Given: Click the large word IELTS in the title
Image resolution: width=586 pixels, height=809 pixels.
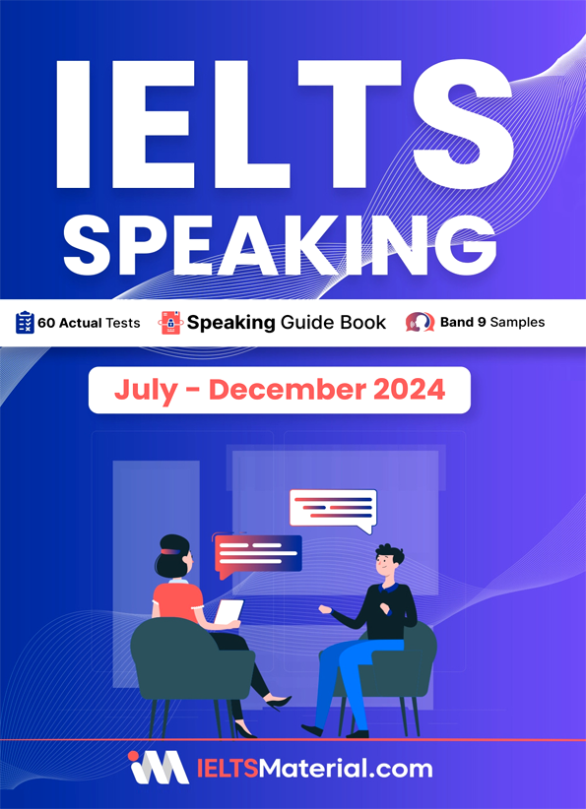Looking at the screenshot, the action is click(x=285, y=124).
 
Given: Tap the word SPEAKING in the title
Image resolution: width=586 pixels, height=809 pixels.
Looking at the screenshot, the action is click(x=280, y=243).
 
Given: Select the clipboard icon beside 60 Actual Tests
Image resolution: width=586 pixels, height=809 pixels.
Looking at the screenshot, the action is click(x=25, y=323).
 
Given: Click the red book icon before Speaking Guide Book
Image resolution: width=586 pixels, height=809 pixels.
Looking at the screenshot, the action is click(x=171, y=323).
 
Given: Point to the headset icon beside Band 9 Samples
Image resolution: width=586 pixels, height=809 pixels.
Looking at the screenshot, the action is click(x=420, y=323).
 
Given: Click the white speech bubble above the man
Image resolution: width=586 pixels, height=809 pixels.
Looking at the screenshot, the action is click(x=333, y=511).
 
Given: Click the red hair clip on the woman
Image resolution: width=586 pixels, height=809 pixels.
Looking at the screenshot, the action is click(x=168, y=551).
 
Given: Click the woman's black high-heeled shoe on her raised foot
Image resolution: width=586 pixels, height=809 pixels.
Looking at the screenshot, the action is click(x=276, y=703).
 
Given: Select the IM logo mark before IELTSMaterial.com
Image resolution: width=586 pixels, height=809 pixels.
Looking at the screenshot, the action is click(x=159, y=768).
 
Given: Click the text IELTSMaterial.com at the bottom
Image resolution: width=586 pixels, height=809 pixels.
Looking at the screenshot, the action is click(x=314, y=769).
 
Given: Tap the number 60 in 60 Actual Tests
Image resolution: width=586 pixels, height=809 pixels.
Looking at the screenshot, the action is click(x=46, y=324).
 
